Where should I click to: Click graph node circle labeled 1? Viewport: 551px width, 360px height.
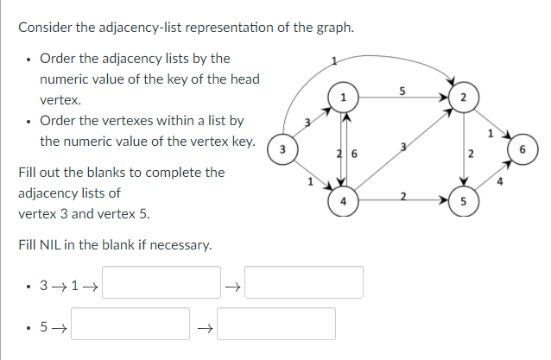tap(344, 96)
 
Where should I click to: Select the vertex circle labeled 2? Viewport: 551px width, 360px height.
tap(464, 97)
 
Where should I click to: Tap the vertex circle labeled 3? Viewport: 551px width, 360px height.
tap(282, 149)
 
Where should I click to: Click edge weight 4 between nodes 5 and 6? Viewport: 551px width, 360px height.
tap(500, 181)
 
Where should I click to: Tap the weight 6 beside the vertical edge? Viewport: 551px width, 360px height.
tap(355, 153)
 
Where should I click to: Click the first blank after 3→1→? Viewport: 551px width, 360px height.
tap(161, 282)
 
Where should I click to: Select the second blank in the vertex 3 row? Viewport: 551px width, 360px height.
tap(304, 282)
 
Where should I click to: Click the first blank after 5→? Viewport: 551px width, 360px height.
tap(130, 324)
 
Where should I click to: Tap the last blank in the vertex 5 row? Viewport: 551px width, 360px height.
tap(276, 324)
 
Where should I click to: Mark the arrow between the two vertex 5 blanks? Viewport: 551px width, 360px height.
tap(204, 325)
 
